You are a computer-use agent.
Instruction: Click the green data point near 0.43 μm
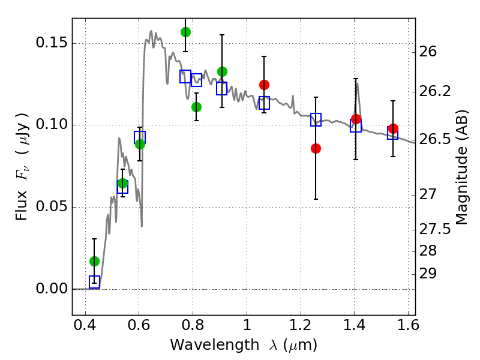94,261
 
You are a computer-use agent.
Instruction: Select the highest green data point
185,32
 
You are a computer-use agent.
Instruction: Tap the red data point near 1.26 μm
316,148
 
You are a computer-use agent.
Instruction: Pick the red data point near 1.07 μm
264,85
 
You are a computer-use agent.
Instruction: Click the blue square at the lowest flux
94,282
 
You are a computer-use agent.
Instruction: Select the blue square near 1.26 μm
316,119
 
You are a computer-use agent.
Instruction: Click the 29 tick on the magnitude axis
430,274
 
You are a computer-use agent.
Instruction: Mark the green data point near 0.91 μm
222,71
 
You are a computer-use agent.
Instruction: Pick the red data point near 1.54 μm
393,129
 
